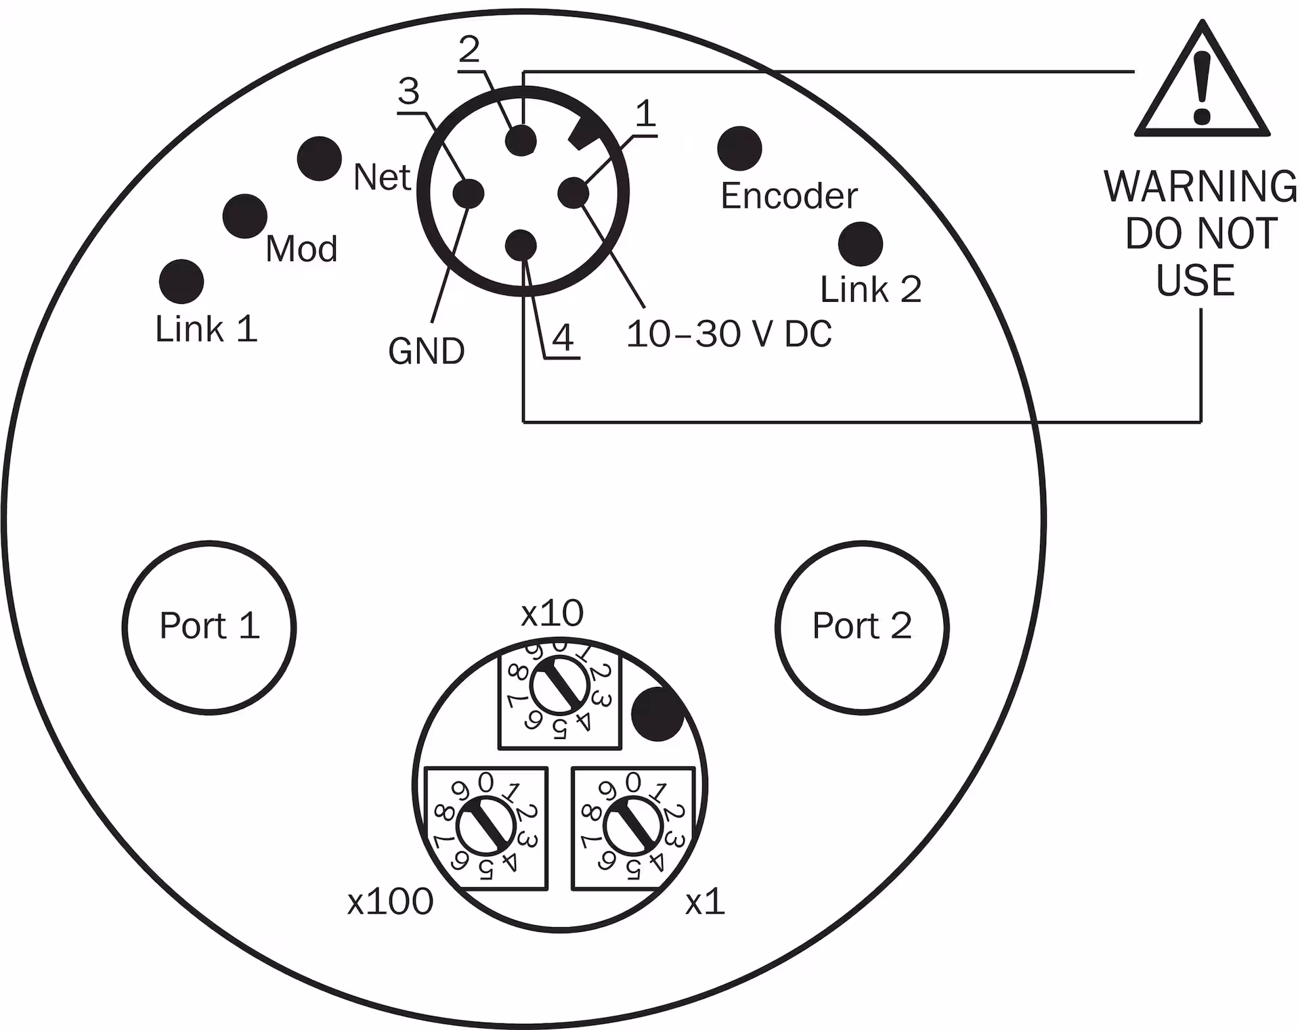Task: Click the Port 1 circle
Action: [209, 627]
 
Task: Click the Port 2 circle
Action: [862, 627]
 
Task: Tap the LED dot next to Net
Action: [319, 158]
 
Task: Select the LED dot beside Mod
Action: [244, 216]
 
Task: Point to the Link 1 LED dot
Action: [181, 281]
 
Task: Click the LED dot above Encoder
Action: [739, 148]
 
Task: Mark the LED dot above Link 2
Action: [860, 244]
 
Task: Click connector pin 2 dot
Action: [521, 141]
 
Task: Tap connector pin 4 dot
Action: [521, 245]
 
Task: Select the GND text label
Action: [426, 351]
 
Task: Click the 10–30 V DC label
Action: [729, 334]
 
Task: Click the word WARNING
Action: [1200, 186]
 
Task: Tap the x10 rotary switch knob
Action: [559, 688]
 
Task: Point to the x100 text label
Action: [390, 902]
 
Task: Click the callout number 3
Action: [408, 92]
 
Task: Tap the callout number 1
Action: [645, 114]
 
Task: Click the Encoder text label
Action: [789, 196]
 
